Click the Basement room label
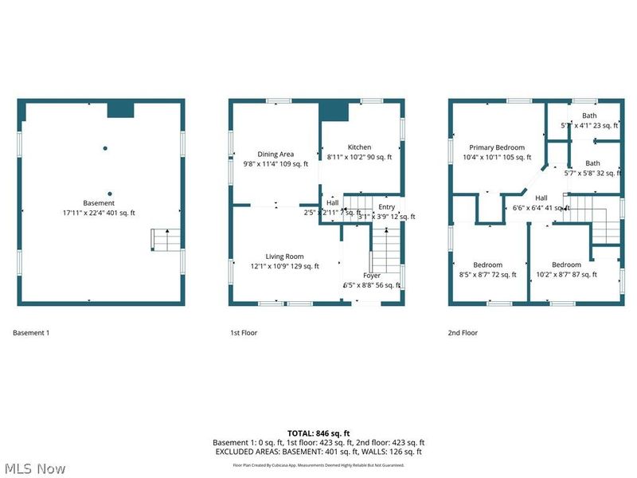pos(99,203)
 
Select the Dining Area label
pos(275,154)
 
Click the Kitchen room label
pos(359,147)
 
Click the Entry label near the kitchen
pos(386,207)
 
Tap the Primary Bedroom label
pos(496,147)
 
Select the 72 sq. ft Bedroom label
pos(487,264)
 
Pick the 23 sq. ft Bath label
pos(588,116)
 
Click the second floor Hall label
pos(541,198)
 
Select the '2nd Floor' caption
pos(463,333)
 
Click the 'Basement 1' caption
pos(32,333)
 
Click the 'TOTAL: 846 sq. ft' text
pos(318,433)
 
